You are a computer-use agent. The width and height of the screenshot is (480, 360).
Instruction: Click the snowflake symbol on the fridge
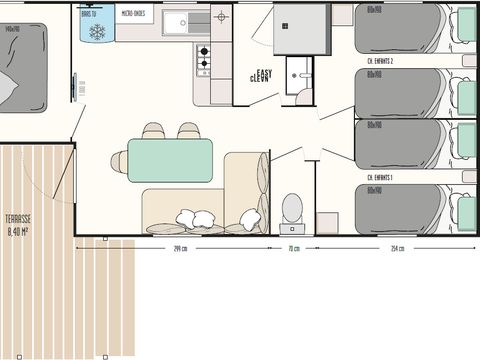coord(98,32)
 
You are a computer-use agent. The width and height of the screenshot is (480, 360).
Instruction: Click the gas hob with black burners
coord(203,60)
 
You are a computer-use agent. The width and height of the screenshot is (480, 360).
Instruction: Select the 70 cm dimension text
coord(293,248)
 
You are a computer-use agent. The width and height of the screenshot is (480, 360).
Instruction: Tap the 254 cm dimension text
coord(397,248)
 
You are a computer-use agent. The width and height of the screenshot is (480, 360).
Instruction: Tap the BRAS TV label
coord(92,13)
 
